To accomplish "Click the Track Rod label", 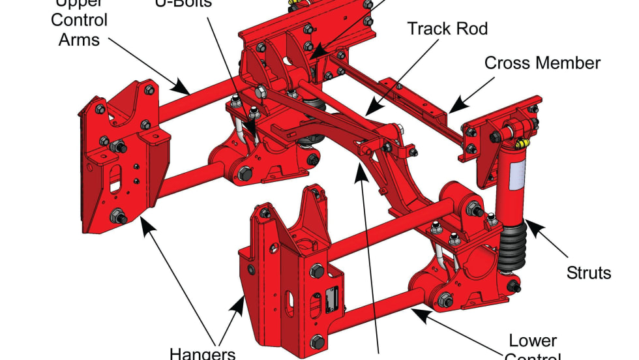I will (447, 29).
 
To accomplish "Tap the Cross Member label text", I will (542, 63).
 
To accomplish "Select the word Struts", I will (589, 271).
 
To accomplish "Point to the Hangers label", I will (203, 353).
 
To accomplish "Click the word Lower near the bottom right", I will (533, 340).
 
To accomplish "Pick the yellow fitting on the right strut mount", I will (521, 142).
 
